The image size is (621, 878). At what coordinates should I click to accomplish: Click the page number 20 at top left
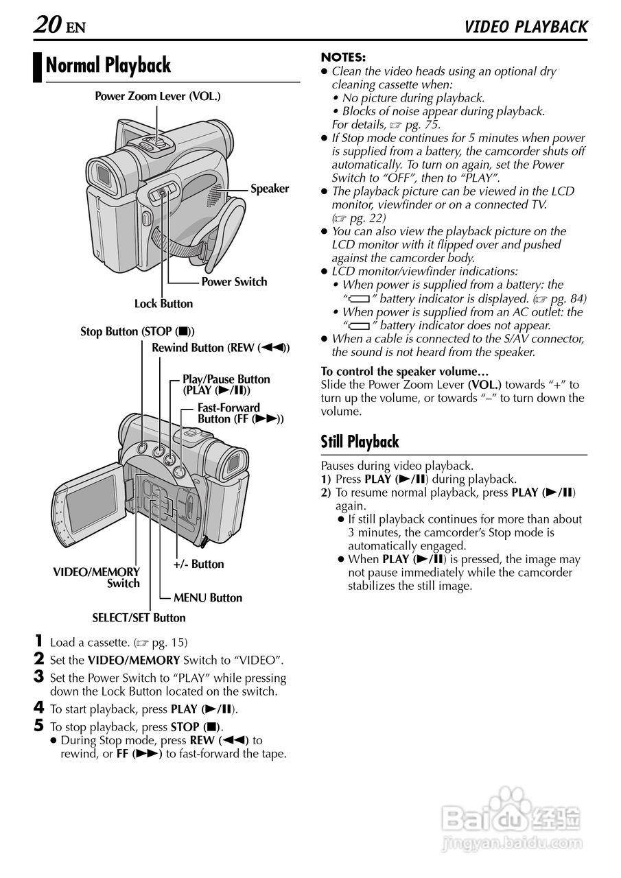point(47,26)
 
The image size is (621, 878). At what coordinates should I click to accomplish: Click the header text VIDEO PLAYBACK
point(526,27)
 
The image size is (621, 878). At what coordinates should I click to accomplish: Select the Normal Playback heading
point(108,66)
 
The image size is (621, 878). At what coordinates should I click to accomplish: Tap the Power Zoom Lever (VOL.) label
point(157,97)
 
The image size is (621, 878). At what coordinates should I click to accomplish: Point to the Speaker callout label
point(270,189)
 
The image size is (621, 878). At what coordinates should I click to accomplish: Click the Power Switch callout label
point(234,282)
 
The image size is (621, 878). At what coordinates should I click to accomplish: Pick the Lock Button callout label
point(163,304)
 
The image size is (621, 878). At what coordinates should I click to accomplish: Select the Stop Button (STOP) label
point(137,332)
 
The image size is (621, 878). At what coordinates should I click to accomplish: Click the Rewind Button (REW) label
point(220,348)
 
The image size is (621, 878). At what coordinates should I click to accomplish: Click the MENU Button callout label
point(207,598)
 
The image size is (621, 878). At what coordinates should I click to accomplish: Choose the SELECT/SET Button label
point(139,618)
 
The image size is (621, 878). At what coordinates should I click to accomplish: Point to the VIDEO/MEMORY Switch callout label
point(97,578)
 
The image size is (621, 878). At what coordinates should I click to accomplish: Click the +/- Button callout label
point(198,565)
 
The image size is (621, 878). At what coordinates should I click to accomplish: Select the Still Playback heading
point(360,442)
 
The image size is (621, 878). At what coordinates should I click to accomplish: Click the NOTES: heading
point(343,58)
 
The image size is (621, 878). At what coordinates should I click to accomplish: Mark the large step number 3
point(39,677)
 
